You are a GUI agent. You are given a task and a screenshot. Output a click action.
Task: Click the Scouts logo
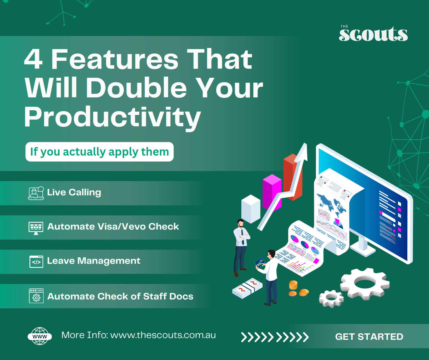373,34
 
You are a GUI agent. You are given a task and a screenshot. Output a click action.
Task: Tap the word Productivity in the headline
113,118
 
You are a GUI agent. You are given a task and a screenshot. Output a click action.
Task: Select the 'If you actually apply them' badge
99,152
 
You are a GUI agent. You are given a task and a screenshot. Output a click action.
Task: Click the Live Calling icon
36,193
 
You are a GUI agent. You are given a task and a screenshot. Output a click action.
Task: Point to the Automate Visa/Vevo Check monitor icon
36,228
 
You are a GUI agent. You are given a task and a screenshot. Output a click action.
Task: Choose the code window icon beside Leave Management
36,262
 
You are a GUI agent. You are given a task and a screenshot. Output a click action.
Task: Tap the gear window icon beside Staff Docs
36,296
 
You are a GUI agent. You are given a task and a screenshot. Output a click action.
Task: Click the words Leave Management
94,261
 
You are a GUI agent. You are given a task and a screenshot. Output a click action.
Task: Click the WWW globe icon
40,336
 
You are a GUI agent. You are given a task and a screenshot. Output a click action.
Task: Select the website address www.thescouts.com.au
163,335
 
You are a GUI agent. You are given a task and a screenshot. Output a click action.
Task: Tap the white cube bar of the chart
251,209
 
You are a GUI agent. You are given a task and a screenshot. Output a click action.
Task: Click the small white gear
331,299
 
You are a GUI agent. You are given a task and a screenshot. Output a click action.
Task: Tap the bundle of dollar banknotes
247,288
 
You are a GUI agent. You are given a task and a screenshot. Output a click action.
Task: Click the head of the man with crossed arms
241,223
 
